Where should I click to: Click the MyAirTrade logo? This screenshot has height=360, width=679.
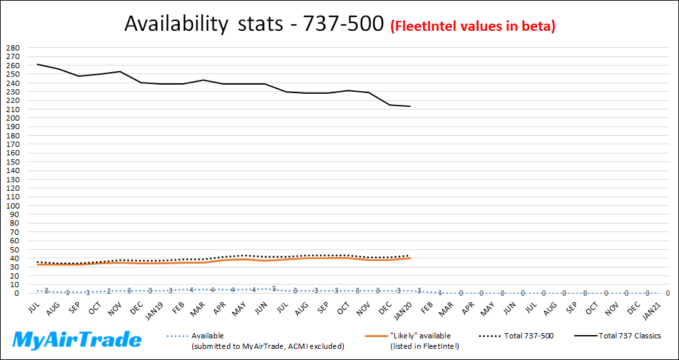pos(77,340)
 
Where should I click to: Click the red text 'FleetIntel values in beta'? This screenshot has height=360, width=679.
pos(473,26)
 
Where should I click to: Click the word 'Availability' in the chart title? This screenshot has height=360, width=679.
pos(170,24)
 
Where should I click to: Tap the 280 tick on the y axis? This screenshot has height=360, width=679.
pos(13,48)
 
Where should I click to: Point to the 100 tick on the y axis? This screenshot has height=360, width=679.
pos(13,206)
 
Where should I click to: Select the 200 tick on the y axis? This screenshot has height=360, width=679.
pos(13,118)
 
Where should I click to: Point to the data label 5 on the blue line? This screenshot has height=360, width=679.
pos(274,289)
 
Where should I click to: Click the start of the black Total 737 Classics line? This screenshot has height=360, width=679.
pos(38,64)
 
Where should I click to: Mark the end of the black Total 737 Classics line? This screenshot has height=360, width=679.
pos(411,106)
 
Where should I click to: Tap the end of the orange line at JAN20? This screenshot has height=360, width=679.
pos(411,258)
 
